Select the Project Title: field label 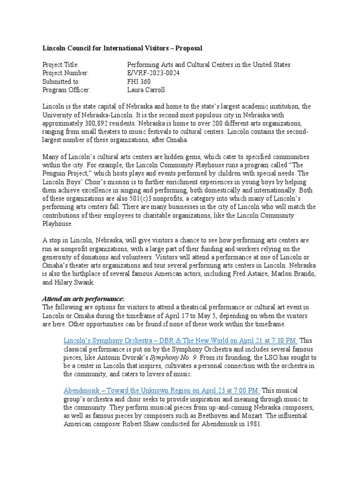pos(61,65)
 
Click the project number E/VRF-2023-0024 pos(153,73)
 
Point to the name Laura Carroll pos(146,90)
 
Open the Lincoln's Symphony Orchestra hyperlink pos(180,340)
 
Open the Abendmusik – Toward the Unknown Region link pos(162,390)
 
